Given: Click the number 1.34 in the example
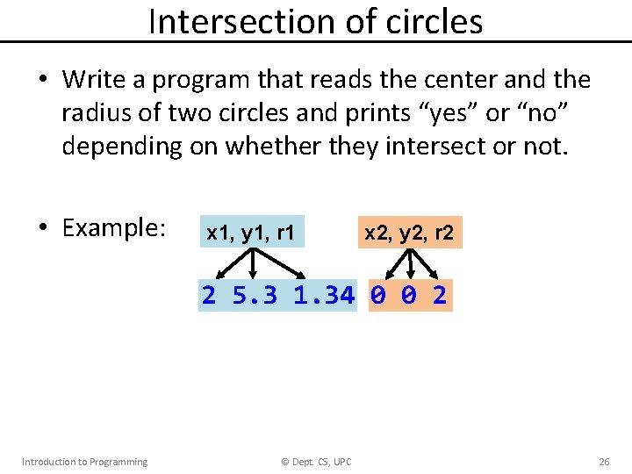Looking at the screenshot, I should point(324,296).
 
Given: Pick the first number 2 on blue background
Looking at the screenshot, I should point(208,296).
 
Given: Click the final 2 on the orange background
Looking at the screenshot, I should point(440,296).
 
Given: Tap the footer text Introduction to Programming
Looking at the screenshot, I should point(84,462).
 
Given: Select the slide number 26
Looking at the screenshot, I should point(604,462).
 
